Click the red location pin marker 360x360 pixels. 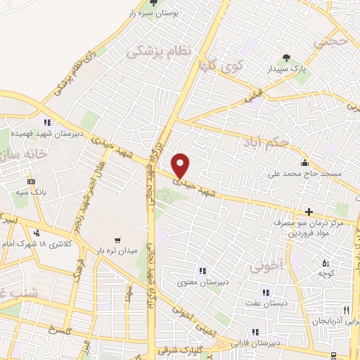[x=181, y=165]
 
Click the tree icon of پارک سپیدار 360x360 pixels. [x=285, y=58]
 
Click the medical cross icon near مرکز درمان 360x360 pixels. [x=308, y=212]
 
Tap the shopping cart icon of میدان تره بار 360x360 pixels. [x=117, y=238]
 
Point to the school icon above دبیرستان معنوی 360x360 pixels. [x=202, y=271]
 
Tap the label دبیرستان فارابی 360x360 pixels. [x=261, y=344]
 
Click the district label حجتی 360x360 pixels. [x=333, y=43]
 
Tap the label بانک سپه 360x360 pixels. [x=32, y=191]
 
